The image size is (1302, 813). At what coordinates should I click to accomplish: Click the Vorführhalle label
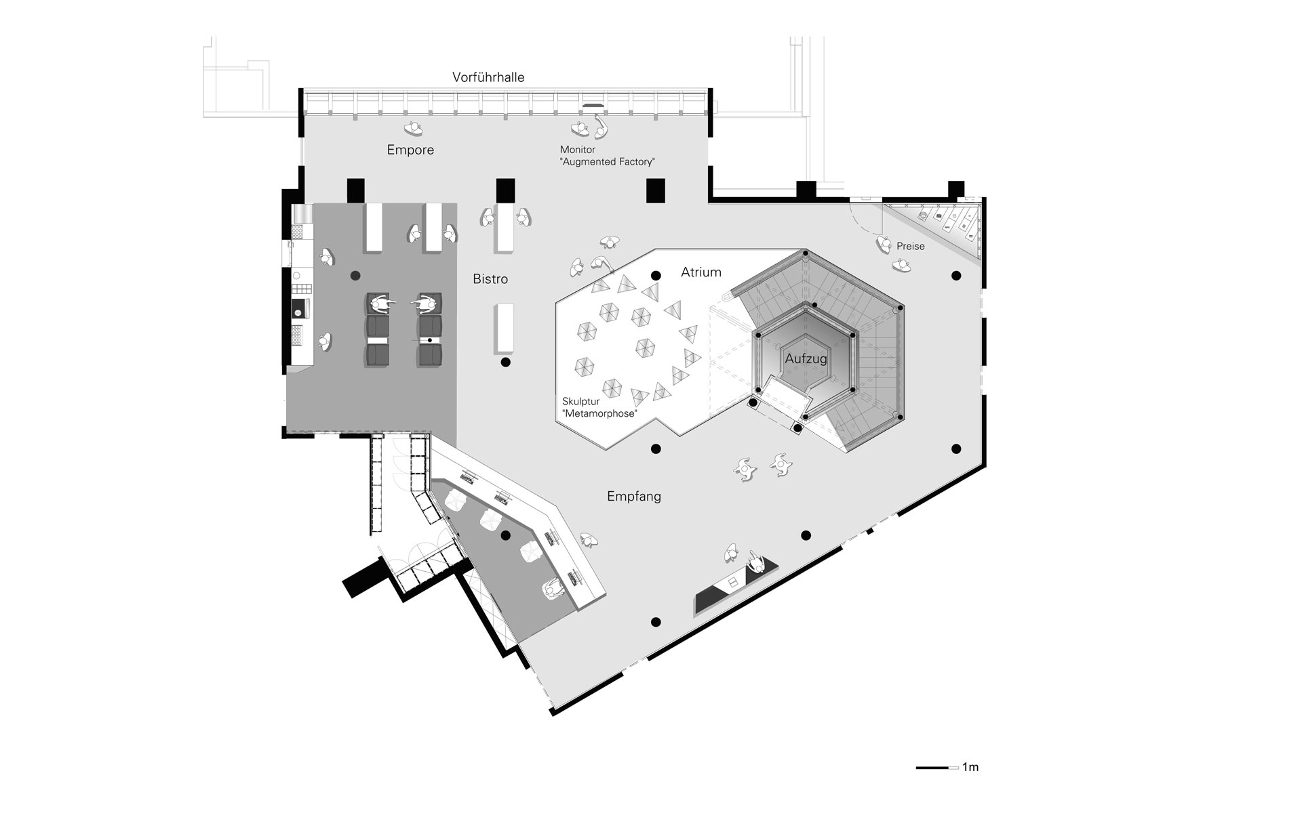pyautogui.click(x=488, y=77)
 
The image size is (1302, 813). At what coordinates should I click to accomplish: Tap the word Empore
pyautogui.click(x=410, y=150)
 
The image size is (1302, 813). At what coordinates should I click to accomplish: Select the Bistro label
pyautogui.click(x=490, y=279)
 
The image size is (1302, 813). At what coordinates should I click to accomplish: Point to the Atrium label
pyautogui.click(x=701, y=272)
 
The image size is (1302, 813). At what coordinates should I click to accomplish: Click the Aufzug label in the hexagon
pyautogui.click(x=806, y=359)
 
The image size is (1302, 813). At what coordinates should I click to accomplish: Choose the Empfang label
pyautogui.click(x=634, y=497)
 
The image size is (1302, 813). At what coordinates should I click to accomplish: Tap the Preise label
pyautogui.click(x=911, y=247)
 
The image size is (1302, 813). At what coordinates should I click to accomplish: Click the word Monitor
pyautogui.click(x=578, y=150)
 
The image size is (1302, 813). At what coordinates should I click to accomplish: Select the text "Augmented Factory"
pyautogui.click(x=608, y=162)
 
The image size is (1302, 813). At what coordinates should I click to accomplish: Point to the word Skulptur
pyautogui.click(x=581, y=402)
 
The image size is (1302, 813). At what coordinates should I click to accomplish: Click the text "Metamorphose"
pyautogui.click(x=599, y=414)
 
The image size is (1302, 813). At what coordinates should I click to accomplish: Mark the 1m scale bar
pyautogui.click(x=937, y=768)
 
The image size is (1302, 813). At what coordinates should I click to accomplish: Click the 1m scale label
pyautogui.click(x=970, y=768)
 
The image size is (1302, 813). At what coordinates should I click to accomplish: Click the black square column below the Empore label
pyautogui.click(x=356, y=190)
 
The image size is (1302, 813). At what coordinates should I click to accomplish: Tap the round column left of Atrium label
pyautogui.click(x=656, y=276)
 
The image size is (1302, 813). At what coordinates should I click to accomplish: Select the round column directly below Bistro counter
pyautogui.click(x=505, y=363)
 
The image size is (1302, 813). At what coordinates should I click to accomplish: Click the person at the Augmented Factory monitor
pyautogui.click(x=580, y=129)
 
